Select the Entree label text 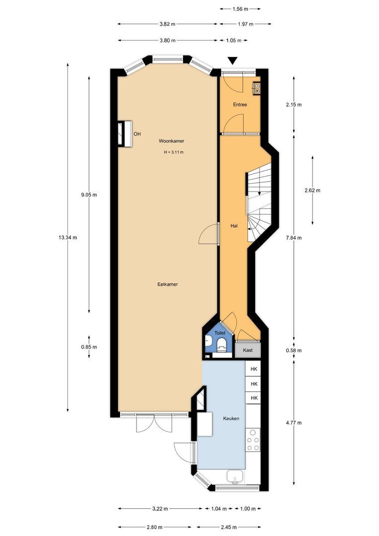click(x=240, y=105)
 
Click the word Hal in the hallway click(x=234, y=226)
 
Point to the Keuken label click(x=231, y=418)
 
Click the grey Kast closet click(x=248, y=350)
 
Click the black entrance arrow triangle click(x=233, y=61)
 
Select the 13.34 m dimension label click(x=68, y=237)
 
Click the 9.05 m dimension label click(x=89, y=195)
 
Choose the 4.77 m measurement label click(x=294, y=423)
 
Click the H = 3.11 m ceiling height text click(x=174, y=152)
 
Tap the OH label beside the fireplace click(x=137, y=134)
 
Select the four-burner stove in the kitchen click(x=253, y=439)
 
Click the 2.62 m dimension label click(x=313, y=190)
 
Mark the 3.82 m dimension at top click(x=167, y=23)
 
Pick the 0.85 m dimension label click(x=89, y=347)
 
